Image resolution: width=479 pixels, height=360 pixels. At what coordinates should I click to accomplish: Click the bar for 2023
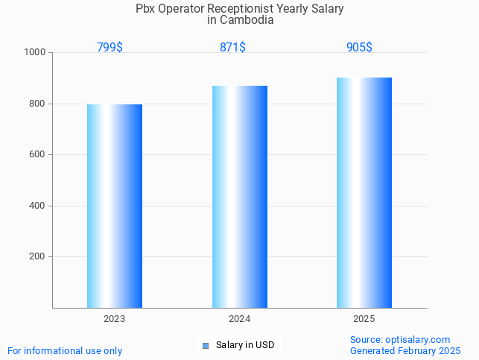115,206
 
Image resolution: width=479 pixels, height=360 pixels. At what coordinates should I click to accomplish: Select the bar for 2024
239,197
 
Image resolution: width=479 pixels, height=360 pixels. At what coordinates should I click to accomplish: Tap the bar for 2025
364,192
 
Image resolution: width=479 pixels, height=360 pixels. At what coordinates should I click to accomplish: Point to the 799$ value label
110,48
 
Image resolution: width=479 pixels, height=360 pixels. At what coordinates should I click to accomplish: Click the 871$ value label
232,48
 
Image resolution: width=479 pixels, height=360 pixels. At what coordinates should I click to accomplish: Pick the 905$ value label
359,48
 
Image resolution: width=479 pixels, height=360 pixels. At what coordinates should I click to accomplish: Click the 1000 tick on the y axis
34,53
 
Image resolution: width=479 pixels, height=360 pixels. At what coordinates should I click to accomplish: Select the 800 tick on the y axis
37,104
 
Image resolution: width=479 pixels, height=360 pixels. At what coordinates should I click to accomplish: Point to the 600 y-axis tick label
37,155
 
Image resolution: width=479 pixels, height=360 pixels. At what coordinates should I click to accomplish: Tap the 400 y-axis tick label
37,206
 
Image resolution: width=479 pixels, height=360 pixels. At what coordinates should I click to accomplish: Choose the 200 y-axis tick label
37,256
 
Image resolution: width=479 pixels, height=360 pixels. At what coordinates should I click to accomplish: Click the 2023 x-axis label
114,319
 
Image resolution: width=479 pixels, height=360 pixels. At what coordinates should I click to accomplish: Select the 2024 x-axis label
239,319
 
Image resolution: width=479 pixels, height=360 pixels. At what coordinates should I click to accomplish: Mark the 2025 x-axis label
364,319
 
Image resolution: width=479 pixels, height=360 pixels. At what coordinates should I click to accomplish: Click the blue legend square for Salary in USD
206,346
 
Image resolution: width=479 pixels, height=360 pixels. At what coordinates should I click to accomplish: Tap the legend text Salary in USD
245,345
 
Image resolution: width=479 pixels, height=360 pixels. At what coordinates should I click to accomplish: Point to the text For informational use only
65,350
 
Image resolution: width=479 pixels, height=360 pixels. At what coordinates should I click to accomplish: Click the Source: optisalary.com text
400,339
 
